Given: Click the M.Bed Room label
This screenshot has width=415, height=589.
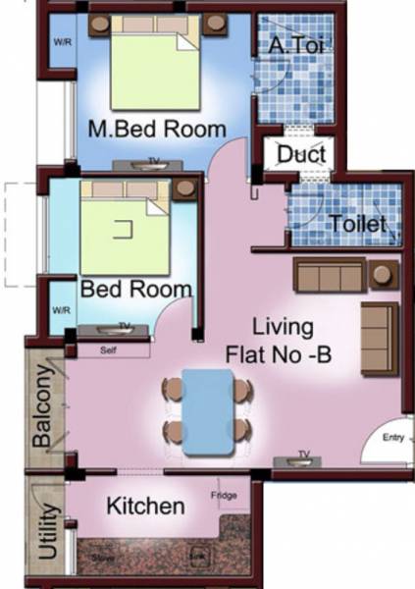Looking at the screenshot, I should point(156,129).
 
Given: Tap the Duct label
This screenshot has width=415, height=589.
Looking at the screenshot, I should point(301,154).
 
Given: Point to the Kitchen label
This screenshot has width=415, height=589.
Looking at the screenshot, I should point(145,507).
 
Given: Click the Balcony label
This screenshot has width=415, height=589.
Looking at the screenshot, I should point(41,408).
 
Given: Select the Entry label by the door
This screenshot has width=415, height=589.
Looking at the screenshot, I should point(393,437).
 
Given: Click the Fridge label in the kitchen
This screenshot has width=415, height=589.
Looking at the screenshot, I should point(224,496).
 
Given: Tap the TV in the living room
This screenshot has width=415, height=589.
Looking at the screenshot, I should point(304,455).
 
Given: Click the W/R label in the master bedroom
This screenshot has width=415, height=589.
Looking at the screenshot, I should point(61,43).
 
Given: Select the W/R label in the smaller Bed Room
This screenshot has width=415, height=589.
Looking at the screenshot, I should point(62,310).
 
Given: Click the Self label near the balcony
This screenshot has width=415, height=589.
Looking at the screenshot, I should point(110,349).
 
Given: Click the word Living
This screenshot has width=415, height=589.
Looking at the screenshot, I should point(282,327).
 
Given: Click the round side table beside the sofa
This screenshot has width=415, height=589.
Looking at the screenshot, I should point(382,275).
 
